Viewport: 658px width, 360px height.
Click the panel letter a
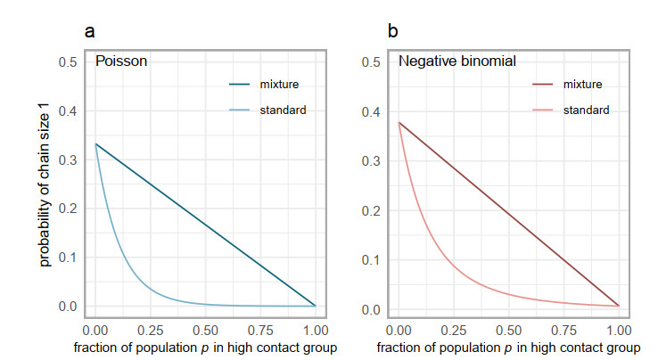point(90,32)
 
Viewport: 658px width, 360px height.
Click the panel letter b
point(392,32)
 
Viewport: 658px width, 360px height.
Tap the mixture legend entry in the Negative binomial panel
point(582,85)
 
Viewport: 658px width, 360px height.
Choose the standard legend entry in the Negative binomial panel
point(585,110)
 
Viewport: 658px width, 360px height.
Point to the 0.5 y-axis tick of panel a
point(68,61)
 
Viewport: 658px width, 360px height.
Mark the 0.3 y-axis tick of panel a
point(68,160)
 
